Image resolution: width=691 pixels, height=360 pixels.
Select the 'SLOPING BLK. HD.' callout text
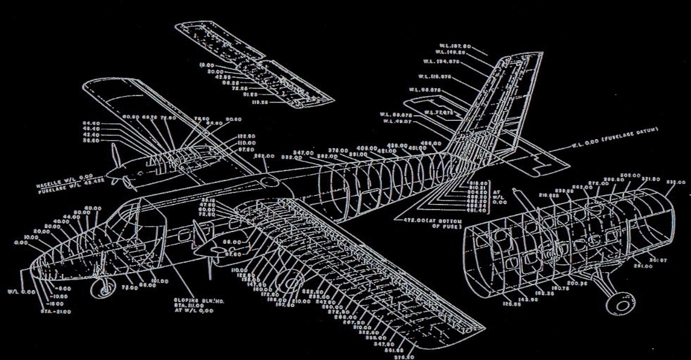click(x=199, y=301)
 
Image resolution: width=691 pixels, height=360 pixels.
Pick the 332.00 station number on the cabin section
click(x=676, y=183)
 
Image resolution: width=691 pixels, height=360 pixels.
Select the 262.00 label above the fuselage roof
click(x=264, y=156)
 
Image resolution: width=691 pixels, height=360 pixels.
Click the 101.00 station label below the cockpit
click(x=159, y=281)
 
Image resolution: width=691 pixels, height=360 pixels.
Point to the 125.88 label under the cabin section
click(x=512, y=304)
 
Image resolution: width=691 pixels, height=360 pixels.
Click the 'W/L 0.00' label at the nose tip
click(x=22, y=292)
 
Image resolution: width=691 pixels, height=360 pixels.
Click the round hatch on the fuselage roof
click(x=270, y=182)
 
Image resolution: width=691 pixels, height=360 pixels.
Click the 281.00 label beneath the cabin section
click(x=643, y=266)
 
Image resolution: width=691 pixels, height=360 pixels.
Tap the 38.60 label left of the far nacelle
click(x=91, y=141)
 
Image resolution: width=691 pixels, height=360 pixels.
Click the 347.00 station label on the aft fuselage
click(x=303, y=153)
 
